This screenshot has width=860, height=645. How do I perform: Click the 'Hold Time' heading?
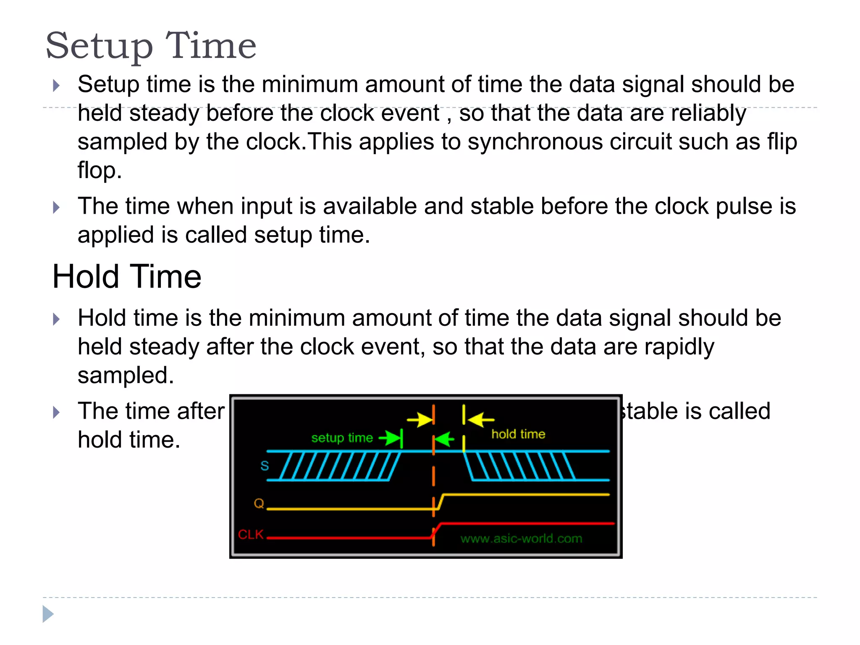(126, 277)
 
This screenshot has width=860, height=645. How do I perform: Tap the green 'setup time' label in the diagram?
(342, 438)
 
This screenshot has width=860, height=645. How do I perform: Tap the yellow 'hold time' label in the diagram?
(518, 434)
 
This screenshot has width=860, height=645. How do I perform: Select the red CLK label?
(251, 535)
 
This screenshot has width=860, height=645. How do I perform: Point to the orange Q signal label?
(259, 503)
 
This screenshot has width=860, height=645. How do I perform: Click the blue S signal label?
(265, 466)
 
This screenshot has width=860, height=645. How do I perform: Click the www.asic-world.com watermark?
(521, 539)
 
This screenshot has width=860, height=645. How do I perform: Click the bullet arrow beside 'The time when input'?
(57, 207)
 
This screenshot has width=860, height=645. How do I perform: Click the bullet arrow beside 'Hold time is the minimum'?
(57, 319)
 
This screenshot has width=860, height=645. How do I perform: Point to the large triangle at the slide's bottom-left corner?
(48, 614)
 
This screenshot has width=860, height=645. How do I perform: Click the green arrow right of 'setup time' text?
(390, 438)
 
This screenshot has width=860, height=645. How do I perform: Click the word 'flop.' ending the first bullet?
(100, 170)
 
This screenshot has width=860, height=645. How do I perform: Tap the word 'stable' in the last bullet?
(649, 411)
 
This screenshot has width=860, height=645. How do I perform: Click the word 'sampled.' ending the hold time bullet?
(126, 375)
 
